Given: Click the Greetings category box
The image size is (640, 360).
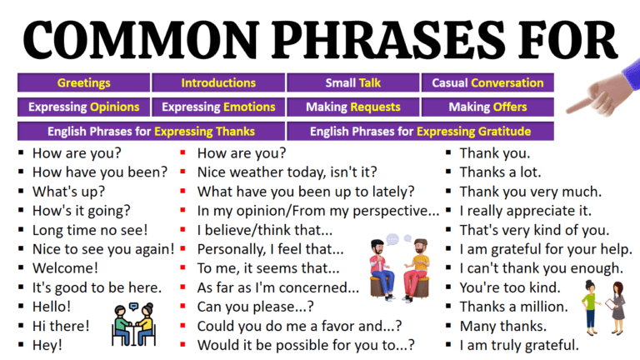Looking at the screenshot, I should point(83,82).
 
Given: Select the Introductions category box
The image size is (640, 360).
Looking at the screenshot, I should point(218,82).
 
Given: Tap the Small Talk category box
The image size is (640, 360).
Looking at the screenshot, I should point(353,82).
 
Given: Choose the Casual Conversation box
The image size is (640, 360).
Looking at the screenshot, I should point(487,82).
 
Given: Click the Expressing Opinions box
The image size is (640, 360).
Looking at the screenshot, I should point(83,107).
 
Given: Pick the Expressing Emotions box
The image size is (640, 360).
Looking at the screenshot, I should point(218,107).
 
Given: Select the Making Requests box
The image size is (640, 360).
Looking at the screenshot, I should point(353,107).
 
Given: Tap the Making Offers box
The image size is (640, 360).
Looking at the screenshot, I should point(487,107).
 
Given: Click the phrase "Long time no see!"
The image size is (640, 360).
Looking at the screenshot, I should point(90,229).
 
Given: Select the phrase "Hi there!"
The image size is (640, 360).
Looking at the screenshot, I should point(60,325).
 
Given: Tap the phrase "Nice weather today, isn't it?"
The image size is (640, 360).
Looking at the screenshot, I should point(287,172).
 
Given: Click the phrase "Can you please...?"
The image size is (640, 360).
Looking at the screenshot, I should point(256,306).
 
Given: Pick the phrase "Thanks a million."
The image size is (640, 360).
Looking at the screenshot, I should point(513,306).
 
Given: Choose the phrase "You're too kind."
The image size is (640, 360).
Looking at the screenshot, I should point(509,287).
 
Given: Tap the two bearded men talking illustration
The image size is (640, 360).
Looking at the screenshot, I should point(398,267).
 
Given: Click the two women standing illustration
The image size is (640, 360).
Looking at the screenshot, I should point(605,304).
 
